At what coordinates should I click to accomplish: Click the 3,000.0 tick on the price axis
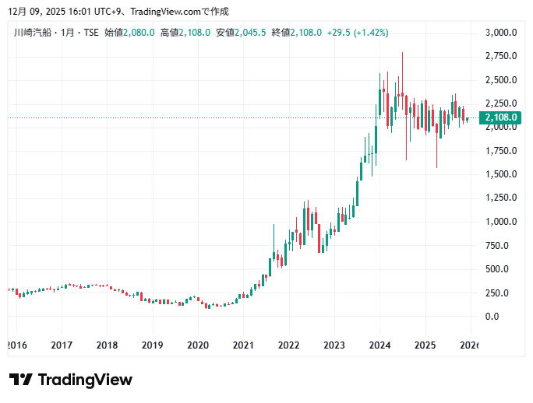[x=501, y=33]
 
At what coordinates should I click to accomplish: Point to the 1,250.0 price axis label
[x=501, y=198]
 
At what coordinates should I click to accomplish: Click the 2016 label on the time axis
[x=16, y=345]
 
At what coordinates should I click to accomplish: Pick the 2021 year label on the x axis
[x=244, y=345]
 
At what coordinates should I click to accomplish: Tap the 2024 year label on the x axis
[x=379, y=345]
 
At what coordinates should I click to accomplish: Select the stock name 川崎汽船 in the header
[x=30, y=33]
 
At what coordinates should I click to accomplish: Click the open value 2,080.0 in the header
[x=140, y=33]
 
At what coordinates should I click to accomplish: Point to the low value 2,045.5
[x=252, y=33]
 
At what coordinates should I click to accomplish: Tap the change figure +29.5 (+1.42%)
[x=358, y=33]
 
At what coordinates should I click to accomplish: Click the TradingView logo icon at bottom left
[x=21, y=380]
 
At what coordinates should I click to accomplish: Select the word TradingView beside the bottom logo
[x=85, y=380]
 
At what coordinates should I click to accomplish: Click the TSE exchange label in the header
[x=90, y=33]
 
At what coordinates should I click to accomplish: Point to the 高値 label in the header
[x=169, y=33]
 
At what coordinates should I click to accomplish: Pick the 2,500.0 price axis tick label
[x=501, y=80]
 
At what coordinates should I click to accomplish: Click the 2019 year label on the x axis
[x=153, y=345]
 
